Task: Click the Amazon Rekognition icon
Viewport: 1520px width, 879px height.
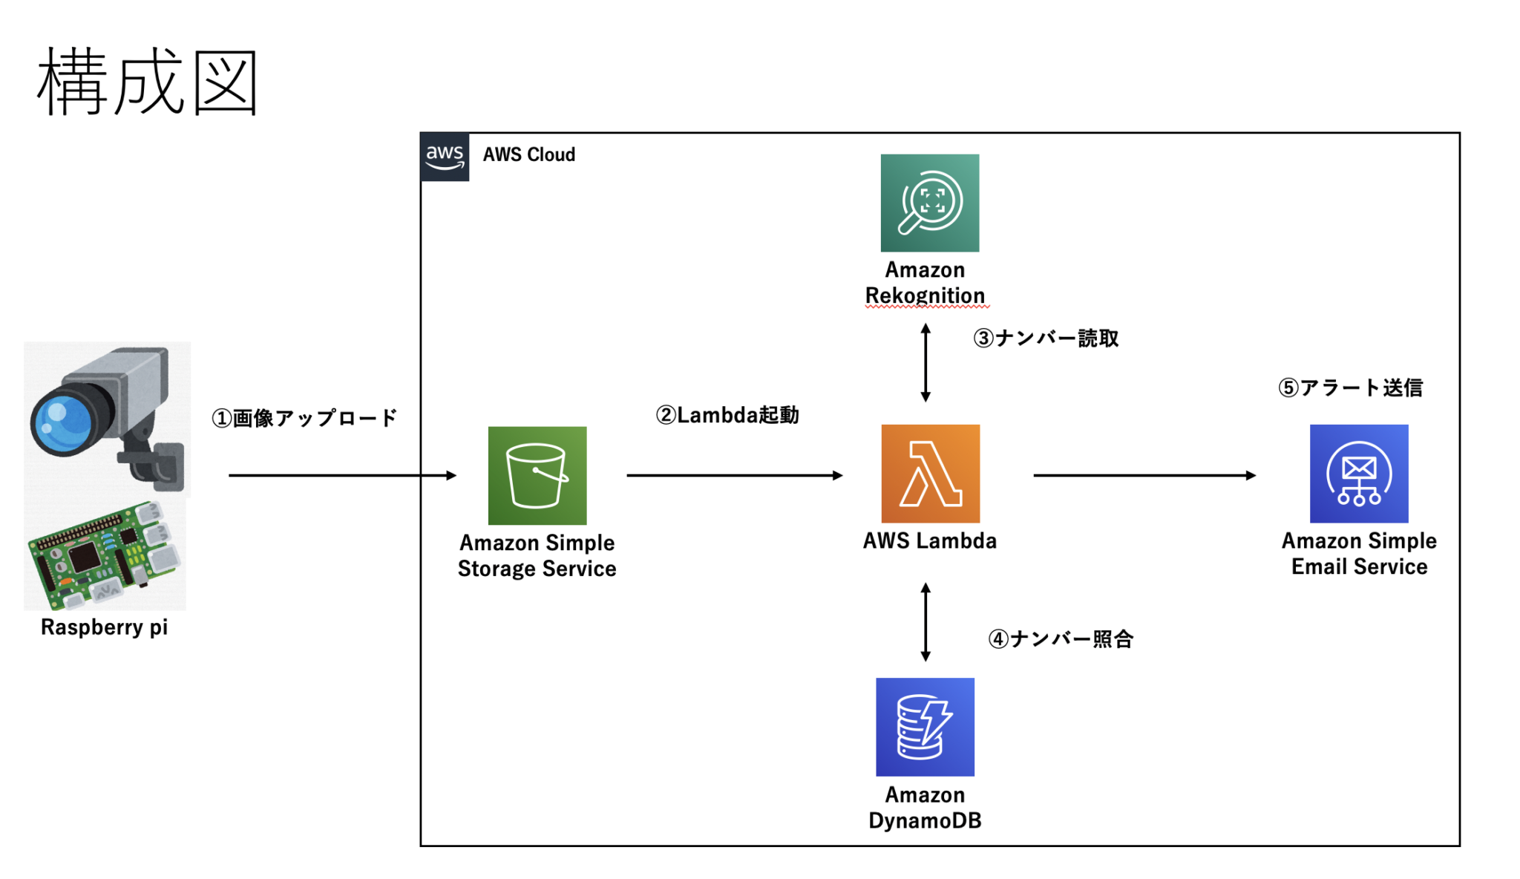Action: point(929,203)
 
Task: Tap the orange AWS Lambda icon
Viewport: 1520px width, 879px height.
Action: point(930,474)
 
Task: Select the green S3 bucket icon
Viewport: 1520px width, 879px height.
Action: point(537,475)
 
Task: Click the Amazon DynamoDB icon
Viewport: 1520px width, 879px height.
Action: point(925,727)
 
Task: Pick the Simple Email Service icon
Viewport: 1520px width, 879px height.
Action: point(1358,474)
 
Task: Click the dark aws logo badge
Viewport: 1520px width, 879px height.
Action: point(445,157)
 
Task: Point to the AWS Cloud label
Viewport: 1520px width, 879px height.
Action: point(528,154)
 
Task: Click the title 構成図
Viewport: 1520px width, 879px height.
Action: point(147,82)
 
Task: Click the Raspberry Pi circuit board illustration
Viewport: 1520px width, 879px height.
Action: point(104,553)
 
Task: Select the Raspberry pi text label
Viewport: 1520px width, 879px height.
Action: point(104,627)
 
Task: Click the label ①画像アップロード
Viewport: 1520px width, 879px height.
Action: point(304,418)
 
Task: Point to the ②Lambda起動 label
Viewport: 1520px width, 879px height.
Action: point(727,415)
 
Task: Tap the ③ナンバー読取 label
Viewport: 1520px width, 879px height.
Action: point(1045,339)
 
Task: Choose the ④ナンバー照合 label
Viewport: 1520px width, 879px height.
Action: point(1060,639)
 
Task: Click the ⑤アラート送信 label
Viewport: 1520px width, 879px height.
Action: point(1350,388)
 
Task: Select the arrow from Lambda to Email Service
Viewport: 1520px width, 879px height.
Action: point(1143,475)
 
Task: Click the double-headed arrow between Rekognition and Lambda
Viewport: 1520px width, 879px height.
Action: point(925,363)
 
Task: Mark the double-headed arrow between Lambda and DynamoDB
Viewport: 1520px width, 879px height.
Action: point(925,622)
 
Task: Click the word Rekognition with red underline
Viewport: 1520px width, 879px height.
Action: point(925,295)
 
